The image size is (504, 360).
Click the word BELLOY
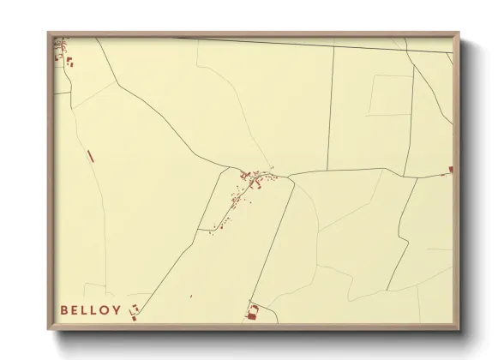click(x=90, y=309)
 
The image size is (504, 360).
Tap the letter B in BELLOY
click(x=64, y=309)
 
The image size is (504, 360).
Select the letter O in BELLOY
click(x=105, y=309)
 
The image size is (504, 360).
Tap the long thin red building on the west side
click(x=89, y=156)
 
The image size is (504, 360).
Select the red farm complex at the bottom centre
click(x=252, y=313)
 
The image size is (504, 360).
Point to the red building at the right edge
click(x=450, y=170)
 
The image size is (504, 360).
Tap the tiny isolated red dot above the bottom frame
click(x=191, y=297)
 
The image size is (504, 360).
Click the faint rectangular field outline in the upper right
click(x=391, y=94)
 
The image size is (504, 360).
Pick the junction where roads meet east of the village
click(x=289, y=177)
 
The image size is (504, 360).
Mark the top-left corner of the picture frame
click(x=48, y=33)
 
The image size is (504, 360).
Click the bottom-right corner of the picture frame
click(x=460, y=332)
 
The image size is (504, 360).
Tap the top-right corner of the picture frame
click(x=460, y=33)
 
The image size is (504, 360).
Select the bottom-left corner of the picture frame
click(x=48, y=332)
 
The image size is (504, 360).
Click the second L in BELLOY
click(x=94, y=309)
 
